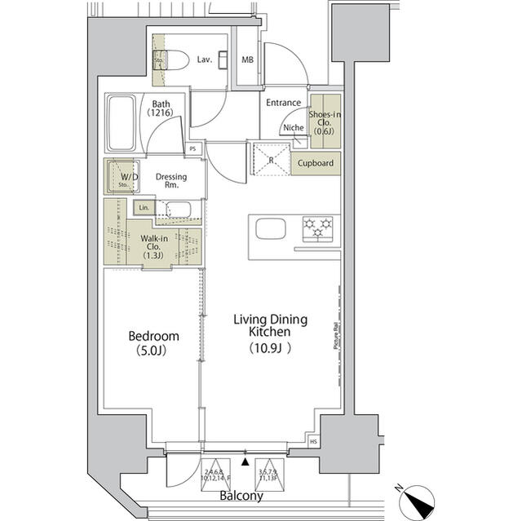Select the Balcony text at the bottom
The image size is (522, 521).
[240, 496]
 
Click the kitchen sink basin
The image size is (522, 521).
[270, 229]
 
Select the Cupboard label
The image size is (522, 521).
[315, 163]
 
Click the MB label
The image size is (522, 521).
[247, 60]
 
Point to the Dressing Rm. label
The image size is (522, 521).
[171, 181]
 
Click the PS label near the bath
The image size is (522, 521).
[192, 149]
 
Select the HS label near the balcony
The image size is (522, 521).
[314, 442]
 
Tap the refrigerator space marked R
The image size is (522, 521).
[271, 160]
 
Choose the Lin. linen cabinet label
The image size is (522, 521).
[144, 208]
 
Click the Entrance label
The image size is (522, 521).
[285, 103]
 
